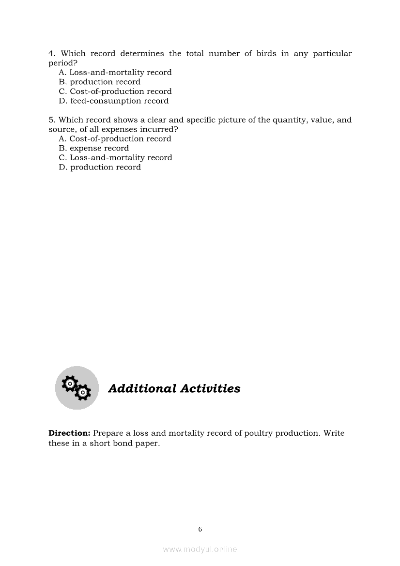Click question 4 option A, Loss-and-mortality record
point(115,73)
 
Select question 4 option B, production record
point(100,82)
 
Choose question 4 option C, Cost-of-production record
point(115,92)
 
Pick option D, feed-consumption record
point(114,101)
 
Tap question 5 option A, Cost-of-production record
point(115,139)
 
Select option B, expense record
point(94,148)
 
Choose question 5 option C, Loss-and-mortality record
point(115,158)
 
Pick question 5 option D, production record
point(100,167)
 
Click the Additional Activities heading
point(174,389)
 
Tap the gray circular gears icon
point(77,388)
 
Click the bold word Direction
point(69,433)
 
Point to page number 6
point(200,529)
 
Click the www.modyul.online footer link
point(200,549)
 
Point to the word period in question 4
point(62,63)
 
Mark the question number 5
point(51,120)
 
